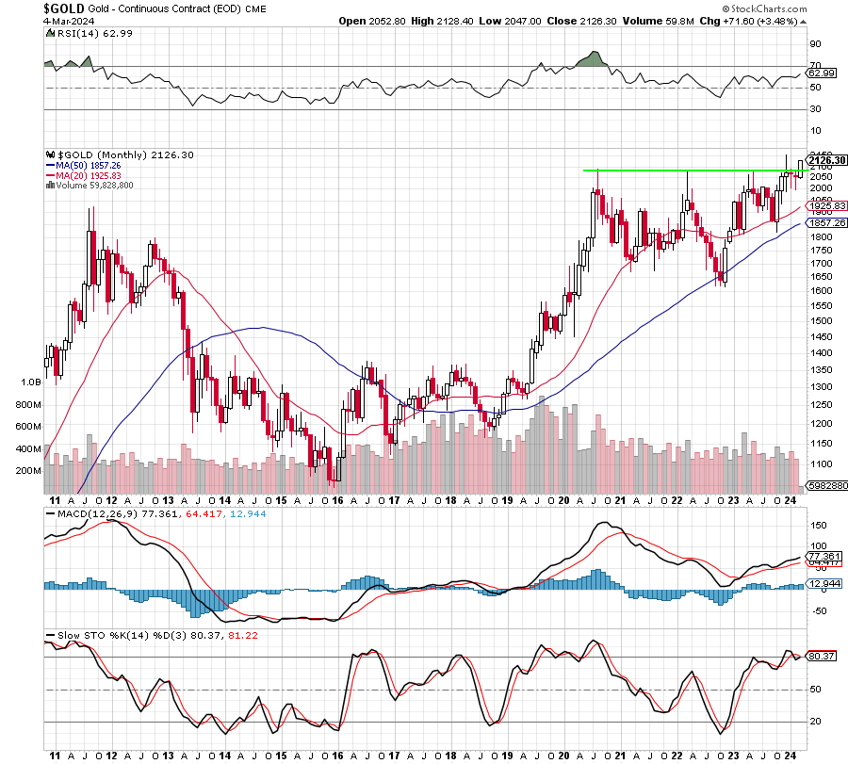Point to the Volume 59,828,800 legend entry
[x=93, y=186]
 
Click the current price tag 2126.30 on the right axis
[x=825, y=160]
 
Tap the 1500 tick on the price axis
[x=819, y=320]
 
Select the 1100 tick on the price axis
[x=819, y=463]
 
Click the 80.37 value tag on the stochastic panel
[x=822, y=656]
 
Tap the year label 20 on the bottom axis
[x=563, y=755]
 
